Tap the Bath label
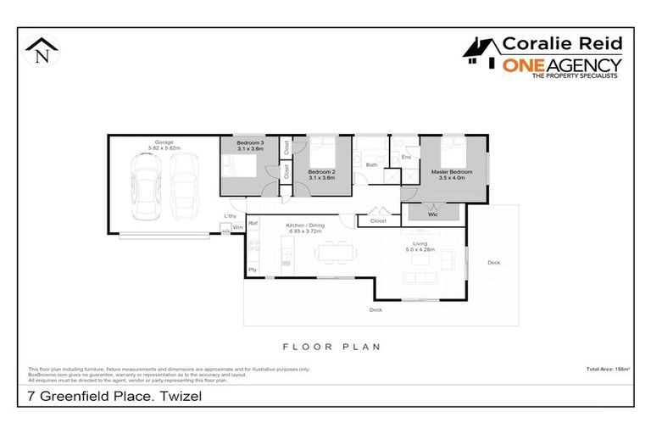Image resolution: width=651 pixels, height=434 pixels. (x=370, y=164)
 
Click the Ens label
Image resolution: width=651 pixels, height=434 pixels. (x=406, y=158)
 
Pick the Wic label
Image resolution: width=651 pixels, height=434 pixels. (x=434, y=214)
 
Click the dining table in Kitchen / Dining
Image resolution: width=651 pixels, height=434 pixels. (x=334, y=252)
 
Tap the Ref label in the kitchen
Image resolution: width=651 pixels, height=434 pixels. (x=253, y=223)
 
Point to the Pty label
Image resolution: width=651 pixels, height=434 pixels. (x=253, y=270)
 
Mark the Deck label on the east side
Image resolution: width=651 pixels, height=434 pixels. (x=493, y=263)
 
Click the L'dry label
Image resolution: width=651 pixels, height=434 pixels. (x=230, y=216)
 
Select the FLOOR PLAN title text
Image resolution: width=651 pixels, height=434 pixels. (x=331, y=346)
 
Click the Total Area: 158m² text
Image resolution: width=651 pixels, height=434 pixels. (x=607, y=369)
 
